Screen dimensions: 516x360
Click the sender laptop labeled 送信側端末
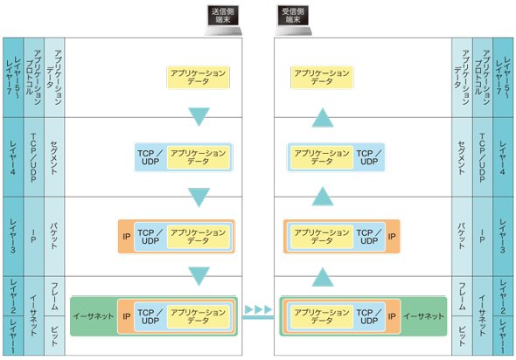[x=223, y=20]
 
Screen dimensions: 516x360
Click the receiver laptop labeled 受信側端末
[x=293, y=20]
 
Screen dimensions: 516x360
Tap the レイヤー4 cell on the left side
[x=13, y=157]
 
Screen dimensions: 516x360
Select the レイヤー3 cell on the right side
[x=503, y=237]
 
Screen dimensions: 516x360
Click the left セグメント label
[x=54, y=157]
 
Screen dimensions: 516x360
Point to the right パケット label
[x=462, y=237]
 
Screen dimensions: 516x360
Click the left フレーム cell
[x=54, y=296]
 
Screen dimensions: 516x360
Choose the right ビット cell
[x=462, y=336]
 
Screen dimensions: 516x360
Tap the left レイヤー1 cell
[x=13, y=336]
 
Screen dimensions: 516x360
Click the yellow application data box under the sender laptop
[x=199, y=77]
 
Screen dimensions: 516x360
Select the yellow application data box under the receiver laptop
[x=322, y=77]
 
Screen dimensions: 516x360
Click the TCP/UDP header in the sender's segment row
[x=150, y=157]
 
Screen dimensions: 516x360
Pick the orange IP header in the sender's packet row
[x=126, y=237]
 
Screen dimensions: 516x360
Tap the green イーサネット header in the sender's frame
[x=94, y=316]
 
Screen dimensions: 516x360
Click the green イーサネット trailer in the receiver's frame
[x=424, y=316]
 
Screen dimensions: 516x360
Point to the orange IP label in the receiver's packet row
[x=392, y=237]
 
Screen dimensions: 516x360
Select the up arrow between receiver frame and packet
[x=323, y=277]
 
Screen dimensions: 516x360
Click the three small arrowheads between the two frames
[x=259, y=309]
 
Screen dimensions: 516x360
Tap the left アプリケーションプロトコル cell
[x=33, y=78]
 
